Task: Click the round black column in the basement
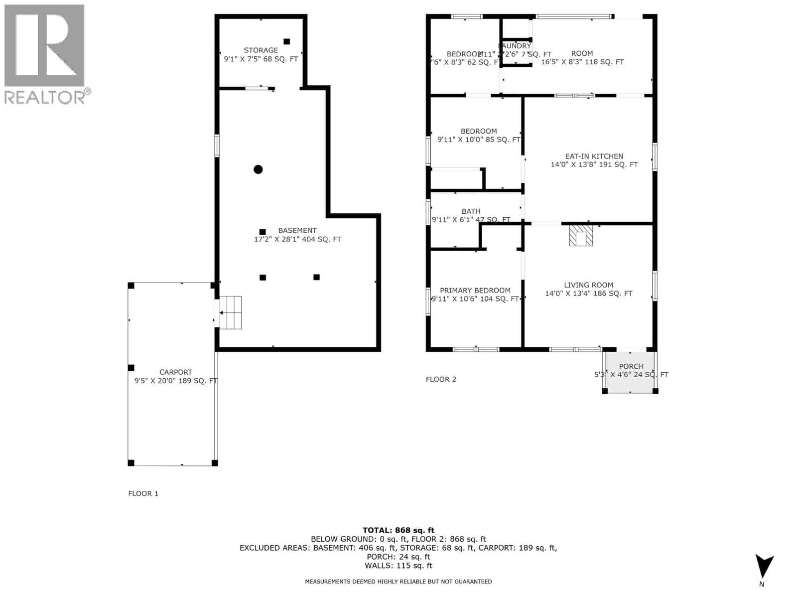tap(258, 169)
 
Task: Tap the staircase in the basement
tap(231, 312)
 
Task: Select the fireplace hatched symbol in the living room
tap(581, 235)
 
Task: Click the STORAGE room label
tap(261, 50)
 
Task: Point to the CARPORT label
tap(175, 372)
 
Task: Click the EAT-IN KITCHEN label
tap(594, 156)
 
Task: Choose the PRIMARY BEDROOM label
tap(475, 291)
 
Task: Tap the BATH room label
tap(471, 211)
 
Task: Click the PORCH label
tap(631, 366)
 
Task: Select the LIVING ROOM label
tap(588, 285)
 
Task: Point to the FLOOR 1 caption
tap(143, 493)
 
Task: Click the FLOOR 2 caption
tap(441, 379)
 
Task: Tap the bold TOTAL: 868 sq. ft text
tap(398, 530)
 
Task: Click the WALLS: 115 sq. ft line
tap(398, 566)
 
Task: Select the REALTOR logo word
tap(45, 97)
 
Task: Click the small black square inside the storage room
tap(286, 41)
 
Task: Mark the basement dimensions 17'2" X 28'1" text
tap(297, 239)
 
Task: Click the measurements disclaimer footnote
tap(398, 582)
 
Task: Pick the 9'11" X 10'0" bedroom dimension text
tap(479, 140)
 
